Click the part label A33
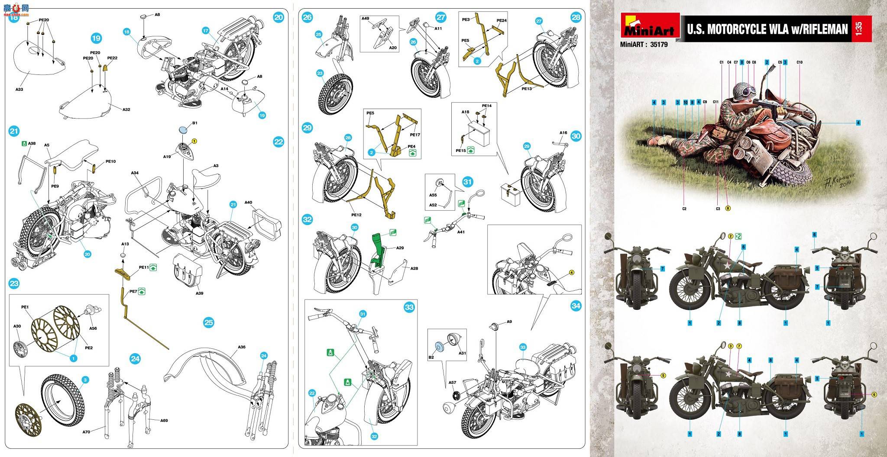pos(19,90)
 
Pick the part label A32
pos(126,109)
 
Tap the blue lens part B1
pos(184,129)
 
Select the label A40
pos(248,202)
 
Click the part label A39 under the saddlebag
pos(199,293)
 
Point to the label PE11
pos(144,268)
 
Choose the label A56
pos(93,328)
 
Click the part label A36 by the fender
pos(242,347)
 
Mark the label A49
pos(366,19)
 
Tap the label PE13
pos(527,89)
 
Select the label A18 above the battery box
pos(465,112)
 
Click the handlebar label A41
pos(461,232)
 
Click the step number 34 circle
pos(576,306)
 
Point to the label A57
pos(453,383)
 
